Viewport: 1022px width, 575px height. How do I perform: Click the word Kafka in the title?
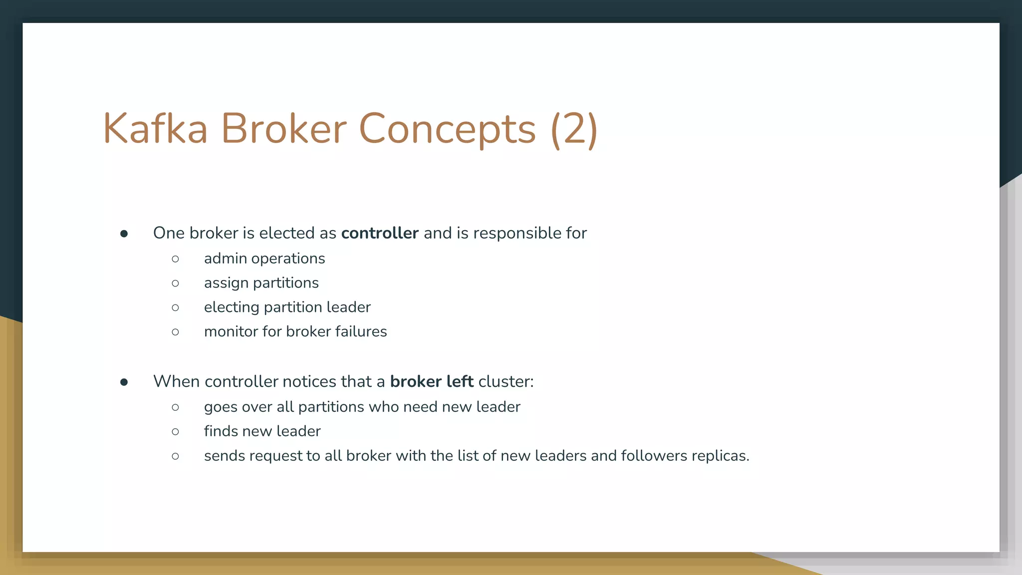pos(155,129)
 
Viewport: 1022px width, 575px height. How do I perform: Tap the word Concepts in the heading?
pos(447,129)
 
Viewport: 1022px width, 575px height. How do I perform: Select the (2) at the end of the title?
pos(574,129)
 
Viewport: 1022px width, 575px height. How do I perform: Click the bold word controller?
pos(380,233)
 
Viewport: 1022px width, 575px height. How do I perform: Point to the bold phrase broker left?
pos(432,381)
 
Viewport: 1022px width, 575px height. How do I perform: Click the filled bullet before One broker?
pos(124,234)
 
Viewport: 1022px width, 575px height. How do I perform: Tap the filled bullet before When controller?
pos(124,382)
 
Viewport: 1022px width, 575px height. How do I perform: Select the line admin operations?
pos(264,259)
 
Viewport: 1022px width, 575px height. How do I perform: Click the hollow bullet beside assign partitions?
pos(175,284)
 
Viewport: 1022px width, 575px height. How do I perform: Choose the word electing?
pos(232,307)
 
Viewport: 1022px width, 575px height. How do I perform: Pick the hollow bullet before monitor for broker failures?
pos(175,332)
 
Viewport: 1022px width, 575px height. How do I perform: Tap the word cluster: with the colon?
pos(506,381)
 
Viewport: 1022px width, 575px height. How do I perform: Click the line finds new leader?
pos(262,431)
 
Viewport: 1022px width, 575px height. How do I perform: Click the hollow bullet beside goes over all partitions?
pos(175,407)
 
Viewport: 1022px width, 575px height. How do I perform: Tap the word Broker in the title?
pos(283,129)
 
